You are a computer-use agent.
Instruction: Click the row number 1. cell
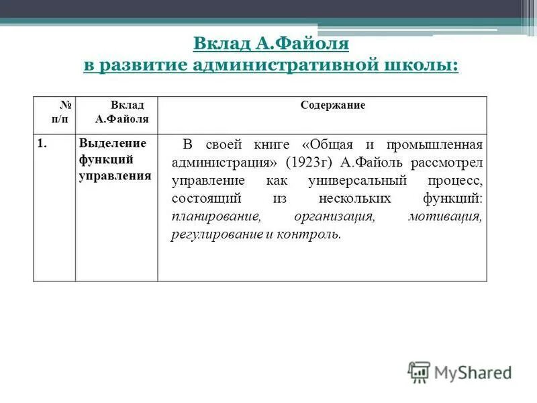pos(42,144)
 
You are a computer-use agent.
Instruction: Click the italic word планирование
pos(215,217)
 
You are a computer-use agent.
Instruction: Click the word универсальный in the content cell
pos(348,181)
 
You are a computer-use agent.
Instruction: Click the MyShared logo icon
pos(419,371)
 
